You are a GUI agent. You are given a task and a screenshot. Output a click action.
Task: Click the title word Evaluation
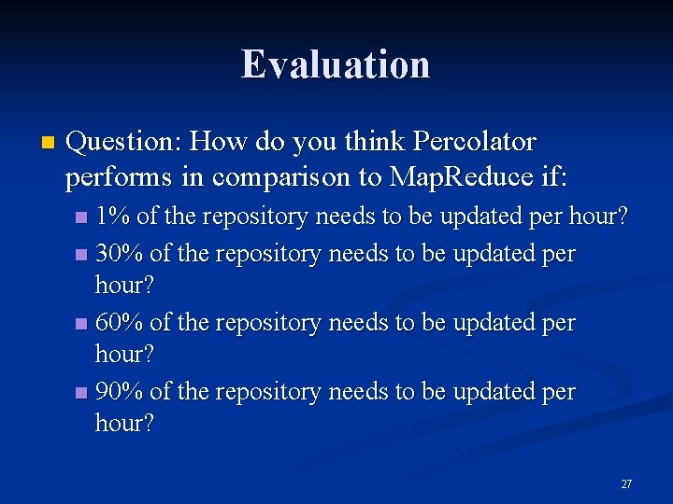336,64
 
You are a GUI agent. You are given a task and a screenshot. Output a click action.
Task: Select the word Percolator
474,142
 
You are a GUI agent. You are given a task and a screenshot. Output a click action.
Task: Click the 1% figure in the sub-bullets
113,217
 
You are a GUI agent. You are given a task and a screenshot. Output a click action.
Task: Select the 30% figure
119,253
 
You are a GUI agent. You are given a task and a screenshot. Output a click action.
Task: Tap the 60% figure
119,322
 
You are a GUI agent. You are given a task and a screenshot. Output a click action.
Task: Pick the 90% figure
119,391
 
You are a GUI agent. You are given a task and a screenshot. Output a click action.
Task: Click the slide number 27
626,484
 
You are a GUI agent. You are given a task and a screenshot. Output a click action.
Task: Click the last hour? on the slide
125,423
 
